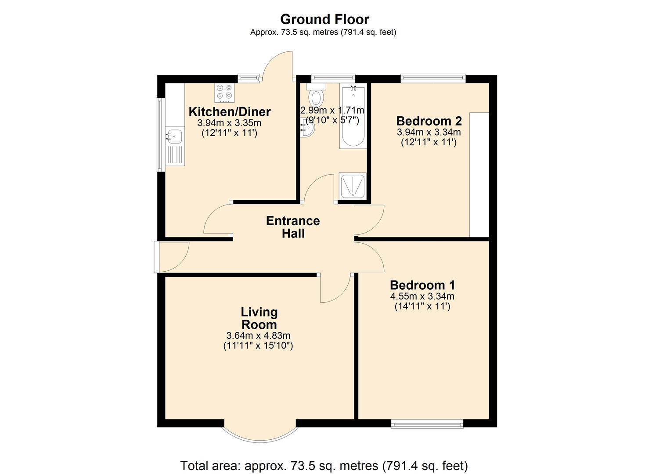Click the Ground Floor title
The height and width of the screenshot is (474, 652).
tap(324, 19)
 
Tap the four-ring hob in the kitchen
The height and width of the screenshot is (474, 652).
tap(224, 93)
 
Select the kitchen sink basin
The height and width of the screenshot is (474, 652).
tap(174, 136)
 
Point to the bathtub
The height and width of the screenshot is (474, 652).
tap(353, 116)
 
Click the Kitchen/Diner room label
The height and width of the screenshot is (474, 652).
tap(229, 111)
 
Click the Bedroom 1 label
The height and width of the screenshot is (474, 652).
tap(422, 285)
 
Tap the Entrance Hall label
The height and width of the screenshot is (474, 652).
tap(293, 227)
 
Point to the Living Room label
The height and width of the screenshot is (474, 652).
tap(259, 318)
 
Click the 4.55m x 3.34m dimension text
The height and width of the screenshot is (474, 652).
tap(422, 296)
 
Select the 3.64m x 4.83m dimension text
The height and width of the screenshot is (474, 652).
tap(258, 336)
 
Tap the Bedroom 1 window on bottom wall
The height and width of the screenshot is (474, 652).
tap(427, 424)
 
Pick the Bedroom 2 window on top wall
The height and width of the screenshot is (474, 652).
tap(433, 79)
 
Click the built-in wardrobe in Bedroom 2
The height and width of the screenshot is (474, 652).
tap(479, 175)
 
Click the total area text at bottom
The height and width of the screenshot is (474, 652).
tap(324, 465)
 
